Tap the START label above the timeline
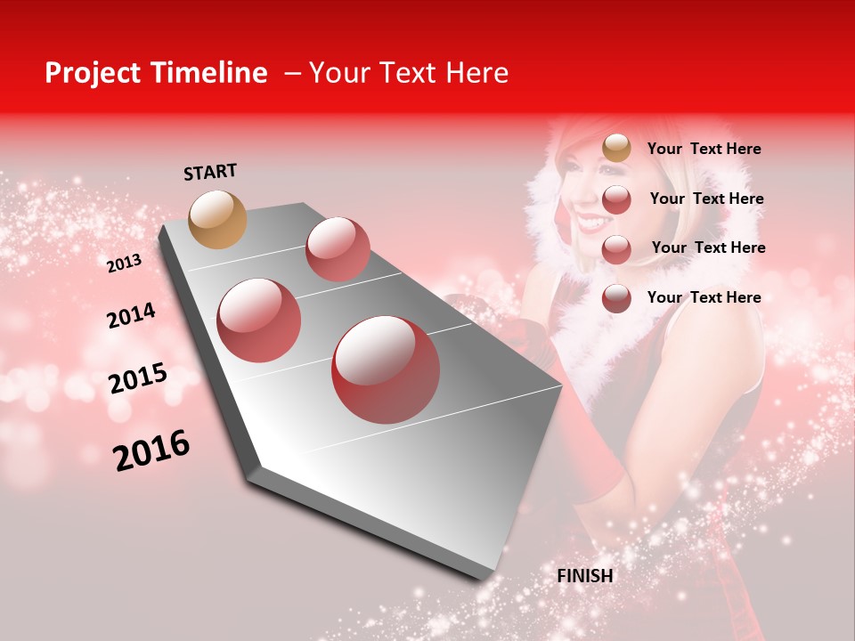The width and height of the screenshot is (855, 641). tap(210, 172)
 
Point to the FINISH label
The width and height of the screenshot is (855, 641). tap(585, 576)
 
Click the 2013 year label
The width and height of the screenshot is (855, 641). tap(124, 264)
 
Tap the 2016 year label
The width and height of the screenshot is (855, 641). tap(151, 450)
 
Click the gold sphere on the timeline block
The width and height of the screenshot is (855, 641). tap(217, 219)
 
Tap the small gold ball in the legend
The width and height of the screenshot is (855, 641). tap(616, 148)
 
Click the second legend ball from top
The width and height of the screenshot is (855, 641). tap(616, 199)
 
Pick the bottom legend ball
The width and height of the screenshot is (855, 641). tap(616, 298)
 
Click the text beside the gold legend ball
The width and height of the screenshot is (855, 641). tap(704, 150)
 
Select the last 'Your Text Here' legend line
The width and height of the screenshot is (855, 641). tap(704, 297)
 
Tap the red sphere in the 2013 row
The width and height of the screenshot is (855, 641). tap(338, 249)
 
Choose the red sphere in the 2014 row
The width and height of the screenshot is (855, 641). tap(258, 320)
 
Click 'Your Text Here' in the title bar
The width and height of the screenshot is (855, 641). tap(409, 73)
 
